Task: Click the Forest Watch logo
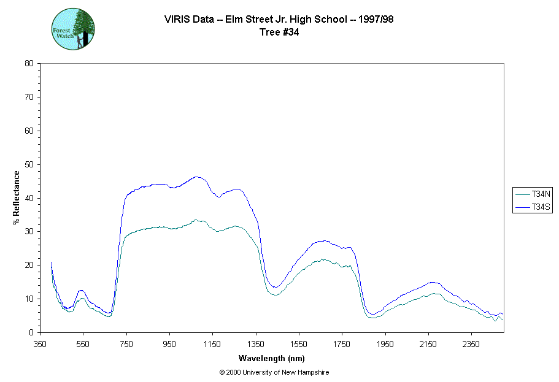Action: (73, 29)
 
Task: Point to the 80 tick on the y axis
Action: (29, 63)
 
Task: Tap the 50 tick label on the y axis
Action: (29, 164)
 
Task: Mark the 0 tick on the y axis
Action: (31, 332)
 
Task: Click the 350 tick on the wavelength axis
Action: (40, 344)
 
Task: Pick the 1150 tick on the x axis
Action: (212, 344)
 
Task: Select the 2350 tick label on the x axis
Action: (471, 344)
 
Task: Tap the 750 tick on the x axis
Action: (126, 344)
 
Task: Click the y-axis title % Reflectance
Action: (17, 197)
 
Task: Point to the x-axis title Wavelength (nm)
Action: (272, 358)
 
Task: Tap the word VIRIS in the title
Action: (176, 20)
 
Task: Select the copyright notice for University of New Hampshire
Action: (277, 372)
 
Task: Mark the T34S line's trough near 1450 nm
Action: (276, 287)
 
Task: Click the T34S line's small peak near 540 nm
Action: (81, 290)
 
